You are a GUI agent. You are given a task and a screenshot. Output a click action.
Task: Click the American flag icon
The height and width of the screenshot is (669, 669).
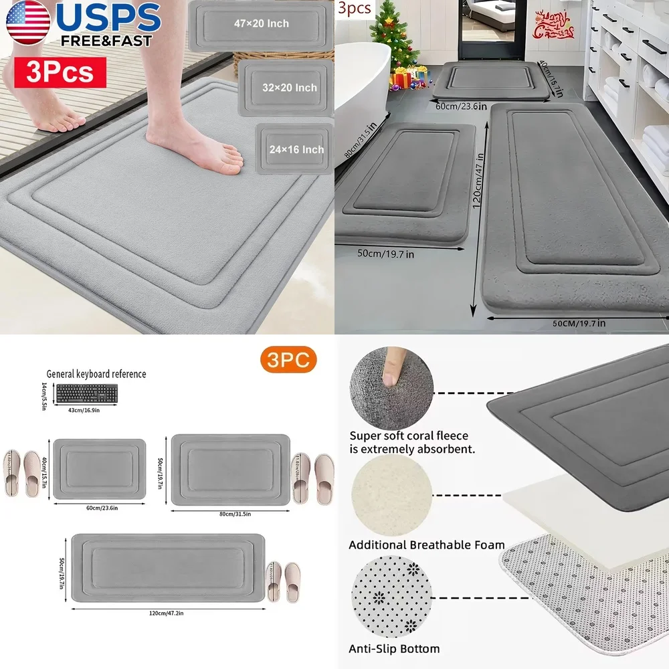click(27, 24)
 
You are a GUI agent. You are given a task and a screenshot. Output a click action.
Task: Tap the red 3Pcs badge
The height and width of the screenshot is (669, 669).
click(61, 72)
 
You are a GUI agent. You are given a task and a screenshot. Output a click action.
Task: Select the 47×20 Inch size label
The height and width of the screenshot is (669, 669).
click(261, 23)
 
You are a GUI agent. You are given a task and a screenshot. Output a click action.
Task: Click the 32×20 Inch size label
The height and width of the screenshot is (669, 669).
click(289, 88)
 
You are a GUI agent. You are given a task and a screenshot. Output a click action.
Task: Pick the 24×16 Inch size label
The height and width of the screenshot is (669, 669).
click(297, 150)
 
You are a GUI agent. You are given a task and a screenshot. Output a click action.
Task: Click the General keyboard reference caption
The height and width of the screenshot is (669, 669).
click(96, 374)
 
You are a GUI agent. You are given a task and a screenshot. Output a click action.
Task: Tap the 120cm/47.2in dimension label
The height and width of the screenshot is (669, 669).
click(168, 613)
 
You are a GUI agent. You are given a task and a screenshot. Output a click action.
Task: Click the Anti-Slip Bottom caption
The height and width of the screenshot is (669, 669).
click(394, 648)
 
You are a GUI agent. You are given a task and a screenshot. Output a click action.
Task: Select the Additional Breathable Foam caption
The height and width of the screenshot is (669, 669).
click(427, 545)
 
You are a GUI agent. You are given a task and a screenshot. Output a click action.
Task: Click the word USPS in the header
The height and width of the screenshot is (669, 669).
click(108, 17)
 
